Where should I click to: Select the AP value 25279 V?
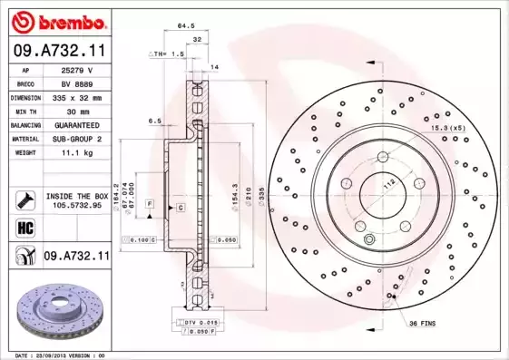click(78, 69)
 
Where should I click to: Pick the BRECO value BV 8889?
click(78, 83)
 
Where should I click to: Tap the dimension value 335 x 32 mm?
click(78, 97)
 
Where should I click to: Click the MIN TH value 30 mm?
click(78, 111)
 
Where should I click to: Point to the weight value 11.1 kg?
click(78, 154)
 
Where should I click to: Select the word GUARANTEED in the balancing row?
click(78, 125)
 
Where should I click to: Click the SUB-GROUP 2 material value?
click(78, 140)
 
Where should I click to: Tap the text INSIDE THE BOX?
click(77, 196)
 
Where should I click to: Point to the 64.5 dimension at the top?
click(187, 26)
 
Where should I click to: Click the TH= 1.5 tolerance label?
click(167, 54)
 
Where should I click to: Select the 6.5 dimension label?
click(154, 121)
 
